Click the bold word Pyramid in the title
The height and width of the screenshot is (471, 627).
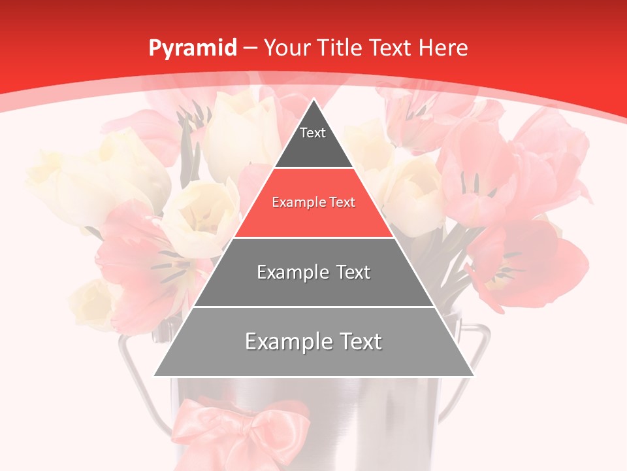(192, 48)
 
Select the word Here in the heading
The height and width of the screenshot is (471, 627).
(443, 48)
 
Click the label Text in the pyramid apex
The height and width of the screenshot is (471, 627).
(313, 133)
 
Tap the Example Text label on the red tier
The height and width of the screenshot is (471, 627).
(313, 202)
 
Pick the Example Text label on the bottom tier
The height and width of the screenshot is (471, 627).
(313, 341)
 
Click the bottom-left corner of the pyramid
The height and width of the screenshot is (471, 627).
(155, 375)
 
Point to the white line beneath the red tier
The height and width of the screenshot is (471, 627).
(313, 237)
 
